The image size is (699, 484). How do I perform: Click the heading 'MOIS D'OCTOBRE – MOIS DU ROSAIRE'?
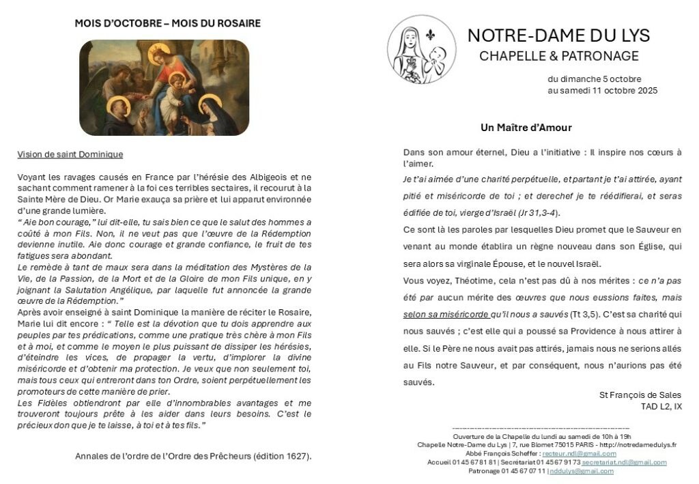167,23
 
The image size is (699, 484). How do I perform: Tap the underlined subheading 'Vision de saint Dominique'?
70,154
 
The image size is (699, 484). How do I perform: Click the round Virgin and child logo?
422,50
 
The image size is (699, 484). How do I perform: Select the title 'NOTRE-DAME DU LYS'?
558,35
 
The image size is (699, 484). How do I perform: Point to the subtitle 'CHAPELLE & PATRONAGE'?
558,56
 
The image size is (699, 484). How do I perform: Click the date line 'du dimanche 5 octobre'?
594,79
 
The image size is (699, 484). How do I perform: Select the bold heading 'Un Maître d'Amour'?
526,128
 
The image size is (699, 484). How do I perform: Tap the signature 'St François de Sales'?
640,395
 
